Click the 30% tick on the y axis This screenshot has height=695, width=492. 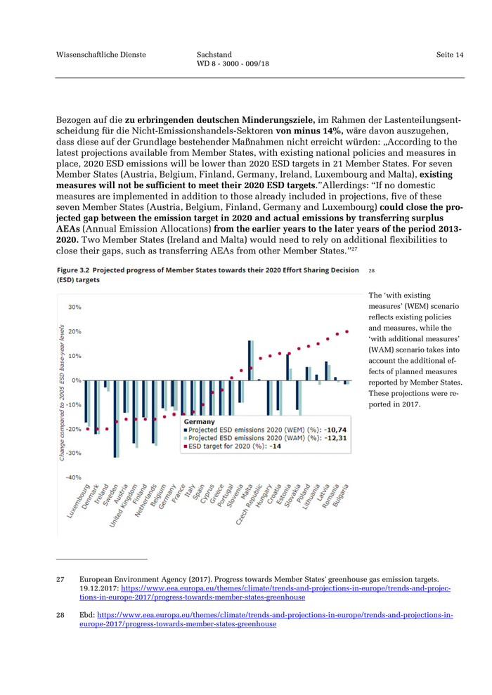(x=73, y=307)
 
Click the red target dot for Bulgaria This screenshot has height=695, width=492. (x=347, y=332)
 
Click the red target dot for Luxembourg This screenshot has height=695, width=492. (x=87, y=429)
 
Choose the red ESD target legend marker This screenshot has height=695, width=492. (x=186, y=446)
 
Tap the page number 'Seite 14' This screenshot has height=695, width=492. (x=450, y=55)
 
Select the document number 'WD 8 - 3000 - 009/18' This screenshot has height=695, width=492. (x=233, y=64)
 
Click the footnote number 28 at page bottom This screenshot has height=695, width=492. (x=60, y=614)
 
